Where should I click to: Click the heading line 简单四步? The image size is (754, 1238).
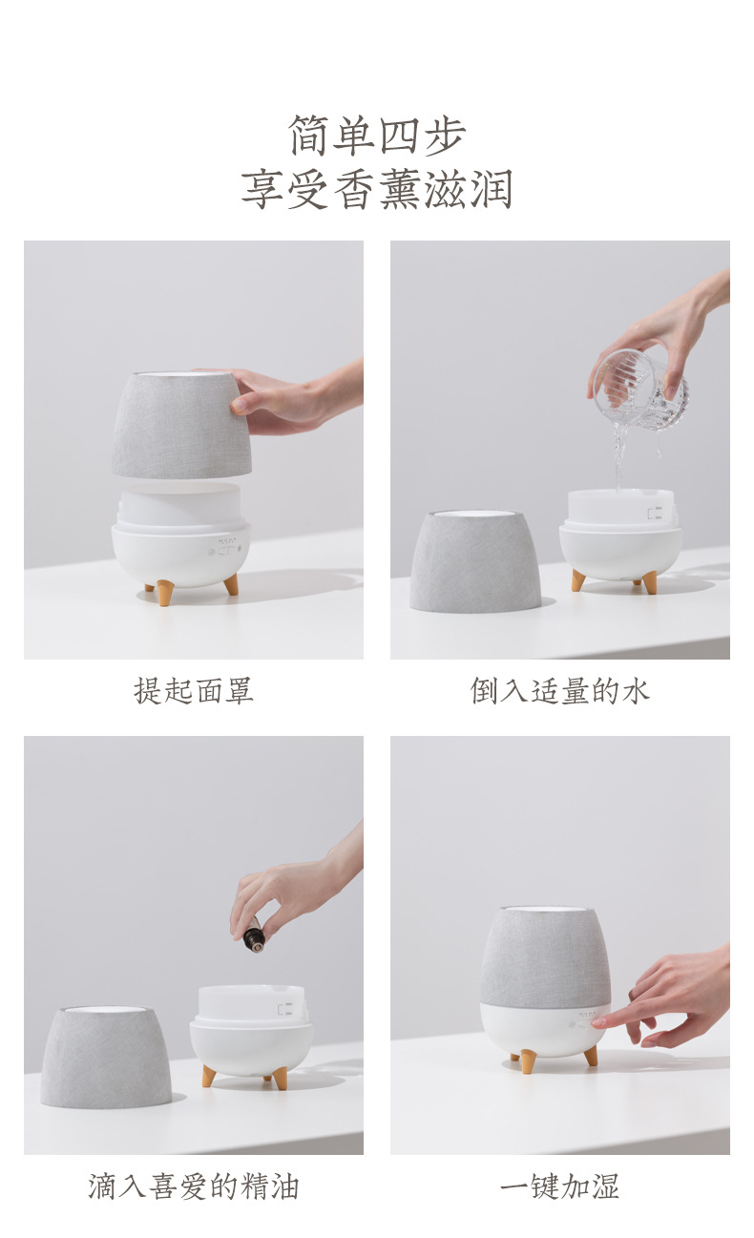[x=377, y=136]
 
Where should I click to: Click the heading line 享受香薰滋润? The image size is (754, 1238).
[x=377, y=189]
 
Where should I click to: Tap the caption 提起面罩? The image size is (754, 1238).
[x=194, y=690]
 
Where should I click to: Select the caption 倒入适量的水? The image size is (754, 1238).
[x=559, y=690]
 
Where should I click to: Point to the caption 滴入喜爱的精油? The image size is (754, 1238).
[x=194, y=1186]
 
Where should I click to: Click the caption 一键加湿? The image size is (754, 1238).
[x=559, y=1186]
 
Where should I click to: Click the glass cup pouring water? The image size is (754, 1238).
[x=638, y=388]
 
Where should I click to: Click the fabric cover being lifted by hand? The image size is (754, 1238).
[x=180, y=425]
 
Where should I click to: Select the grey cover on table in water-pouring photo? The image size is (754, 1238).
[x=475, y=563]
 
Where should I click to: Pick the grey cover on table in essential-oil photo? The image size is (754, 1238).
[x=106, y=1058]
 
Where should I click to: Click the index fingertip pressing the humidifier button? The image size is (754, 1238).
[x=599, y=1022]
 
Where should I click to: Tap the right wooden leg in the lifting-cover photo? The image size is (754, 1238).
[x=231, y=584]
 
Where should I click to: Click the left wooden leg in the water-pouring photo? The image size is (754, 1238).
[x=578, y=579]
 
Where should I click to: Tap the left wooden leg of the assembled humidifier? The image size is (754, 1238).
[x=528, y=1061]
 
